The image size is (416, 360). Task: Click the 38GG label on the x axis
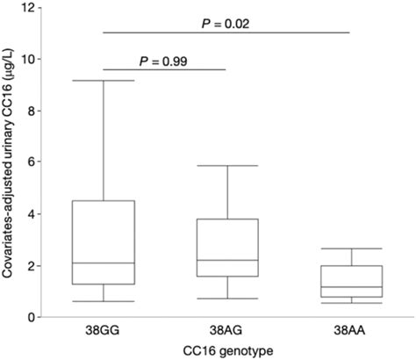point(104,332)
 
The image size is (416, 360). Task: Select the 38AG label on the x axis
point(227,332)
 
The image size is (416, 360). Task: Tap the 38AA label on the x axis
point(351,332)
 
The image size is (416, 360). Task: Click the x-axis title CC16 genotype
point(227,351)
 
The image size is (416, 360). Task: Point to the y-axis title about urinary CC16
point(12,162)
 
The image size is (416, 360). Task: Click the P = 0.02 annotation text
point(227,23)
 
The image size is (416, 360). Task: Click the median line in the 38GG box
point(104,263)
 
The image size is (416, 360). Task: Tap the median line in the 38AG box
point(227,260)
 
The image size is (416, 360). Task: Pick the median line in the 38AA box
point(351,287)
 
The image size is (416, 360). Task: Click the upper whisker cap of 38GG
point(104,81)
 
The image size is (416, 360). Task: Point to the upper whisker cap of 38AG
point(227,166)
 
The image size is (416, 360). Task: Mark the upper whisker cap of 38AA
point(351,248)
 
